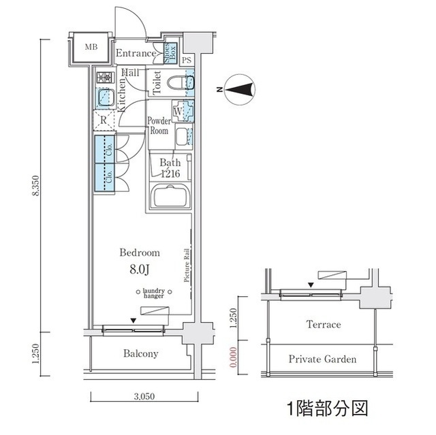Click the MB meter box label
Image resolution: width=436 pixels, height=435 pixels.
click(x=91, y=48)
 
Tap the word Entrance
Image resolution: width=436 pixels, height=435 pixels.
click(x=136, y=53)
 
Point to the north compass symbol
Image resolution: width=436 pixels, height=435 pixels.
click(x=239, y=89)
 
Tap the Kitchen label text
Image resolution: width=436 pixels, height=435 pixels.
click(x=121, y=93)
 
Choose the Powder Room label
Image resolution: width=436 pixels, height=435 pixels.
click(x=159, y=126)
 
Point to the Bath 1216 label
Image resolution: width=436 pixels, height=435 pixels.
click(x=169, y=168)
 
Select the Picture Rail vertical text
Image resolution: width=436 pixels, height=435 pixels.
click(x=185, y=264)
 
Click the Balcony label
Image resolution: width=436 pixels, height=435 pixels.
click(x=141, y=353)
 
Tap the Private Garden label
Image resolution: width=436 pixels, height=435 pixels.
click(x=322, y=359)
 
